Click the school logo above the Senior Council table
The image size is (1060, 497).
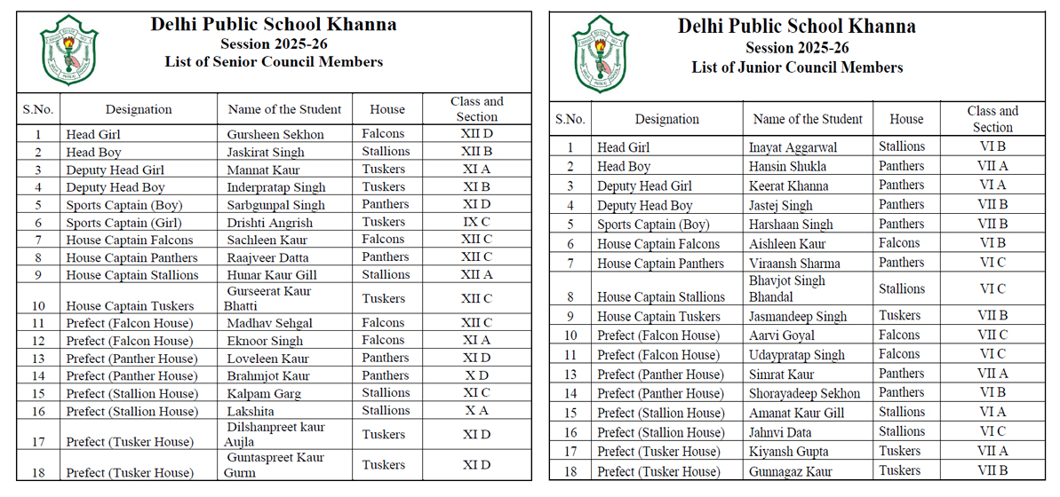click(x=69, y=50)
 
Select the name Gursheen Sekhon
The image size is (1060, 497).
click(x=275, y=135)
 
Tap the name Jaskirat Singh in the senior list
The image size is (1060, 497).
click(x=266, y=153)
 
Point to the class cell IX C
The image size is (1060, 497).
click(x=476, y=223)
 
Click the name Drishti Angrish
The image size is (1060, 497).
click(x=270, y=223)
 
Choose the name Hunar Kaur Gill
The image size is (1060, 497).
click(x=272, y=275)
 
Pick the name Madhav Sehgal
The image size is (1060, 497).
click(x=269, y=323)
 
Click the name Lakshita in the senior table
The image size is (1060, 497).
click(x=251, y=411)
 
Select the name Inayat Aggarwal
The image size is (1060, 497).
click(x=793, y=147)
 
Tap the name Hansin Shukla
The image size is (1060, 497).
click(x=787, y=167)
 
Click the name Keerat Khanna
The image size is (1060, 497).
click(x=788, y=186)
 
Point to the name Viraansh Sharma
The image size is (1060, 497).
click(x=793, y=264)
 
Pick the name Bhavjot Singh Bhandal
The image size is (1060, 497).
click(x=787, y=288)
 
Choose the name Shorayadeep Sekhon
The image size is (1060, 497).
click(x=804, y=393)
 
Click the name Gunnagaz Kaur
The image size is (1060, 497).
click(x=790, y=471)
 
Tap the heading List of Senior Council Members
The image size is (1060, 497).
click(x=274, y=62)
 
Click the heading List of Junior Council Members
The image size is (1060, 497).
click(x=797, y=67)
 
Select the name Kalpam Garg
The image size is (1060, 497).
click(x=264, y=393)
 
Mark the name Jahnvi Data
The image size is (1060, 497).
click(x=781, y=432)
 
